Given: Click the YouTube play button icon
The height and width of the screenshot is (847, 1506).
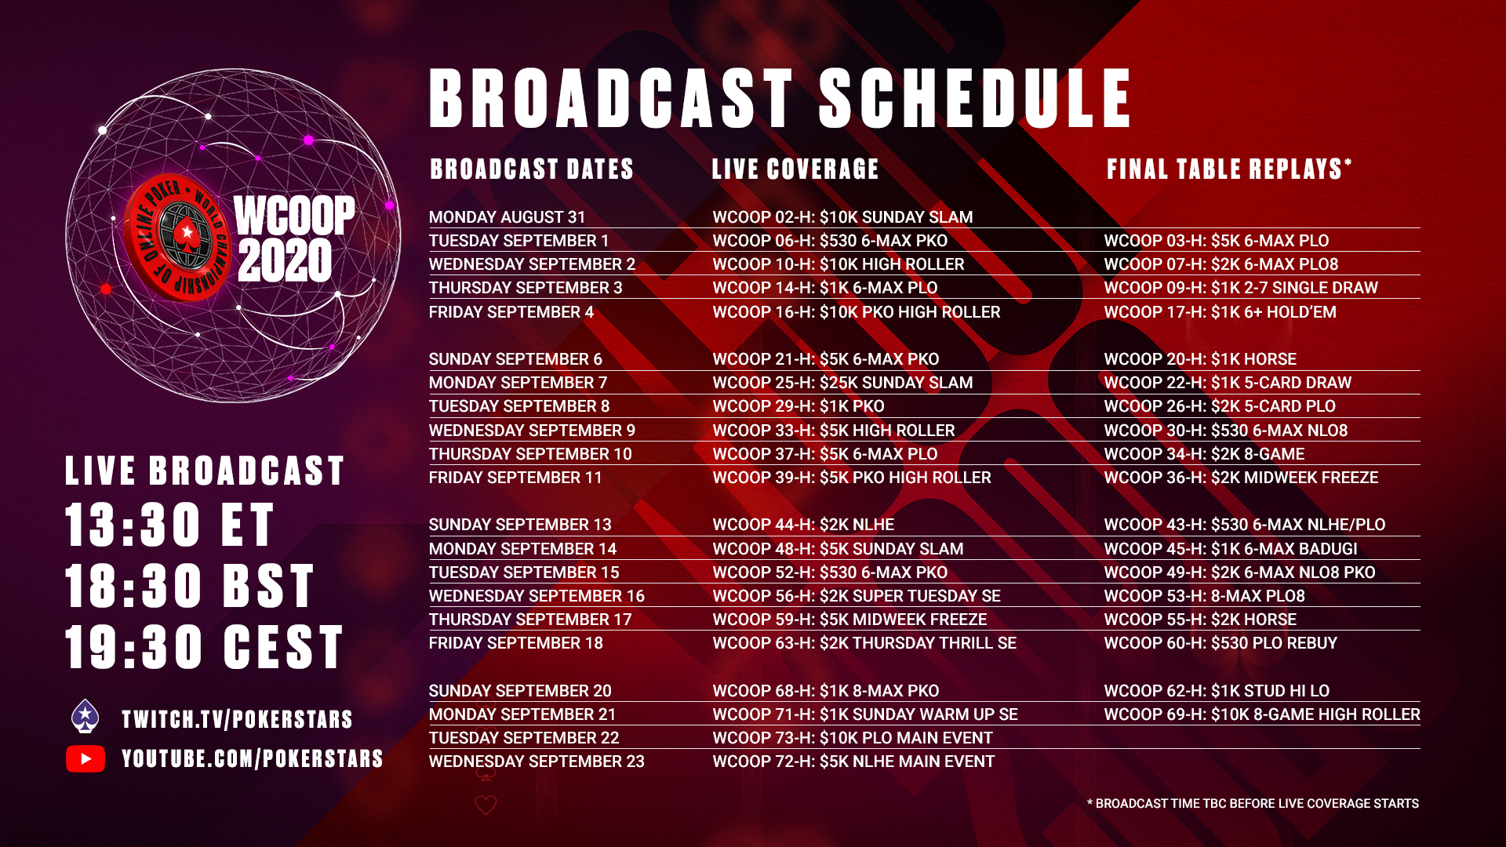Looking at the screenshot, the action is point(85,758).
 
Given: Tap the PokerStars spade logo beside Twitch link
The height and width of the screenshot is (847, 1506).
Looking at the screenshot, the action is point(85,716).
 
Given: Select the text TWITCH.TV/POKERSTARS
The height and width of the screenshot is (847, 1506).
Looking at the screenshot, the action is point(237,719).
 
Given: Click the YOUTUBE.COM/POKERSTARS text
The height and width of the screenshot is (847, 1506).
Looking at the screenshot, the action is point(253,758).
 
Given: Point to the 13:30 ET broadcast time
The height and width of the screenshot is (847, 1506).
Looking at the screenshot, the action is point(169,525).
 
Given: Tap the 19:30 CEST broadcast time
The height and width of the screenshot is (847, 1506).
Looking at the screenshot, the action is point(205,647).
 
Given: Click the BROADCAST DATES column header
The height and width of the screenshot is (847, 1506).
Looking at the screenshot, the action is point(532,169).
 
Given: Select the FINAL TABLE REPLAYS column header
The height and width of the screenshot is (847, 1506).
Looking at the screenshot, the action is point(1229,169).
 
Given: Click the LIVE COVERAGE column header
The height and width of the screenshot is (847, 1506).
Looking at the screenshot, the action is point(795,169).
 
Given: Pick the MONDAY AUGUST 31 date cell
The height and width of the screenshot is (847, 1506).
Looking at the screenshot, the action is point(507,217).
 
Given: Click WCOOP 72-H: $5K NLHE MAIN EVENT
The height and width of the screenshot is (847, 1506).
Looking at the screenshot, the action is point(853,762).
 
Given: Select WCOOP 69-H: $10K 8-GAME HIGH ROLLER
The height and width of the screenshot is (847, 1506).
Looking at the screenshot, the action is point(1262,714).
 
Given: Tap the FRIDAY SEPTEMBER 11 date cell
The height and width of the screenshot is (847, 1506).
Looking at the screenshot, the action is point(515,478).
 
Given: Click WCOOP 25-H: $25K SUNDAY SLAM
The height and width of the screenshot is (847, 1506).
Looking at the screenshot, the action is point(842,383).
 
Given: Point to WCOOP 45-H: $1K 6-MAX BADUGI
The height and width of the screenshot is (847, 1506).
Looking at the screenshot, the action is point(1231,549).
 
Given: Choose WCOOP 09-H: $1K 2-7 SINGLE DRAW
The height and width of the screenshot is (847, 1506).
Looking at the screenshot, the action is point(1241,288).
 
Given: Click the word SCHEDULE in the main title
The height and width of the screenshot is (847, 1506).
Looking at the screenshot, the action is point(976,98).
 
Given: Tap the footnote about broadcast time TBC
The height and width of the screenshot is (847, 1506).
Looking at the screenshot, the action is point(1253,804).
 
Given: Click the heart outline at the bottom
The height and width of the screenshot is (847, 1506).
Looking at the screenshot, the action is point(486,805).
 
